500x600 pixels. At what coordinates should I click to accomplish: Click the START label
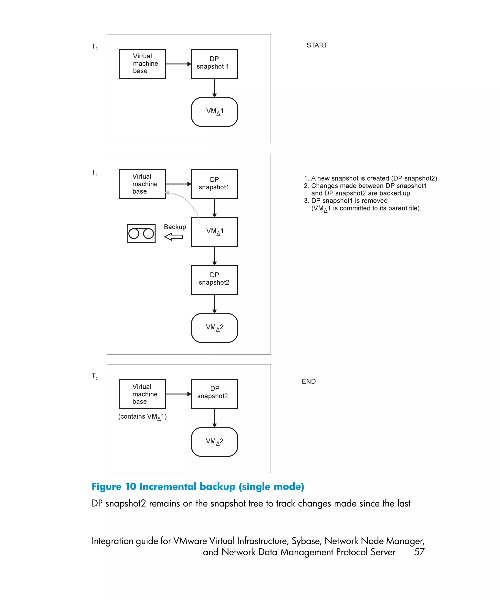[x=317, y=45]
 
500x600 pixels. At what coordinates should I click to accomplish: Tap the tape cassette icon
[x=141, y=233]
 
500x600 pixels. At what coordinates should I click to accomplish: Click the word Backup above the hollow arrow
[x=175, y=227]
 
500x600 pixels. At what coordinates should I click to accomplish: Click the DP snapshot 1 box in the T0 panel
[x=214, y=64]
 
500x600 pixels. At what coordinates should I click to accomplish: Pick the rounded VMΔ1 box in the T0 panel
[x=214, y=112]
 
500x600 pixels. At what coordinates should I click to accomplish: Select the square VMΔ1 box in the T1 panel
[x=214, y=232]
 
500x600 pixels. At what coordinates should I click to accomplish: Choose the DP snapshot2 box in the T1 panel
[x=214, y=280]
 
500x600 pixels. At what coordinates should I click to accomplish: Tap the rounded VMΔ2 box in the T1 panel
[x=214, y=328]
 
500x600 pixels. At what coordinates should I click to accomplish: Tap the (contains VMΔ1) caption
[x=142, y=417]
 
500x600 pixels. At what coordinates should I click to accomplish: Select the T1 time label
[x=94, y=173]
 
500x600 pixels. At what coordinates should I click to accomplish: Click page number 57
[x=419, y=552]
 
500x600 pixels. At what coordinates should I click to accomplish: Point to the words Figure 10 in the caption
[x=114, y=486]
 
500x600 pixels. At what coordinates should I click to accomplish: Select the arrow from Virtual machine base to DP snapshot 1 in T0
[x=178, y=64]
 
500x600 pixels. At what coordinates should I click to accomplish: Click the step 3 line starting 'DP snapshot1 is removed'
[x=349, y=201]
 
